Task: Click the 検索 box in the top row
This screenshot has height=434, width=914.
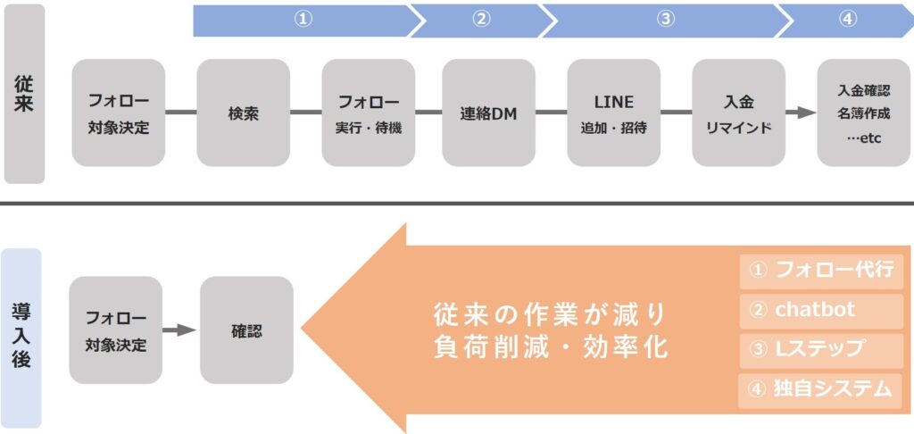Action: (x=244, y=113)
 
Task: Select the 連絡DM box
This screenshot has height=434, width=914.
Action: (x=489, y=113)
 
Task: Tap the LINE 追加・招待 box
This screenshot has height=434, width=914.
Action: (x=613, y=113)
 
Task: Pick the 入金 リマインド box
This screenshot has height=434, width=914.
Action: (x=738, y=113)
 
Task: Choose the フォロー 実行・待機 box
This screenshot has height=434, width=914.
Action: (x=369, y=113)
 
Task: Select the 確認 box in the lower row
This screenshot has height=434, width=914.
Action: (x=246, y=330)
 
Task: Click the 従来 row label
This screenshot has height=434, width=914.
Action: (x=25, y=93)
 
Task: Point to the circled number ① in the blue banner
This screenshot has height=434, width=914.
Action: (x=303, y=20)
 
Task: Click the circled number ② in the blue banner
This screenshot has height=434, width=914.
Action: (x=481, y=20)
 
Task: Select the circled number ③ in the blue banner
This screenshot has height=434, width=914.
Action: (x=666, y=20)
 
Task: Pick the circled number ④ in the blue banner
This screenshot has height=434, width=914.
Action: (x=848, y=20)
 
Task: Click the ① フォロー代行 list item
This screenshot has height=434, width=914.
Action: (x=821, y=271)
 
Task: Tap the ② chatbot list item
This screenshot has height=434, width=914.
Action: (x=821, y=311)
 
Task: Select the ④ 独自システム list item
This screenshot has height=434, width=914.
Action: (x=821, y=390)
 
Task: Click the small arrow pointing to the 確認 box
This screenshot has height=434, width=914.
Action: (x=179, y=330)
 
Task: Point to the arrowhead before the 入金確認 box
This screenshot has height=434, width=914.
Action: (x=806, y=113)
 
